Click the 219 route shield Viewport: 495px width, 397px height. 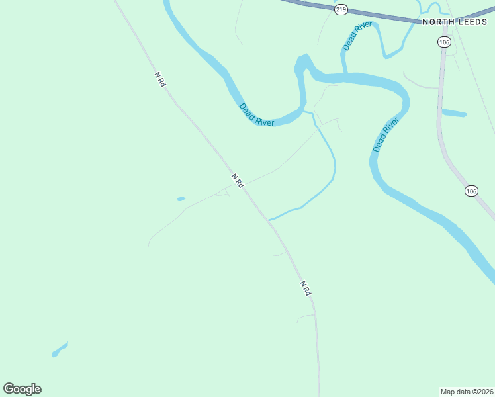(341, 9)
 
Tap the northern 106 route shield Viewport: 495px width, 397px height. (443, 42)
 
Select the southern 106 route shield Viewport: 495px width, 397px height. (471, 191)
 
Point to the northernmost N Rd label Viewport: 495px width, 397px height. (159, 79)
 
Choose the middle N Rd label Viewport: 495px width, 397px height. (238, 181)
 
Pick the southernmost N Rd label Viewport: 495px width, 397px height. (305, 288)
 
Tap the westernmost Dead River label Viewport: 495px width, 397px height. (256, 114)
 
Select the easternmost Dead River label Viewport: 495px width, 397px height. (386, 135)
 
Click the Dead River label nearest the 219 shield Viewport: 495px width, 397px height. (357, 36)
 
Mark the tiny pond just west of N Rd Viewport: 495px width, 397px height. (181, 198)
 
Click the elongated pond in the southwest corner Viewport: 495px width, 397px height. (60, 349)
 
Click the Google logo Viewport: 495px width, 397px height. (22, 389)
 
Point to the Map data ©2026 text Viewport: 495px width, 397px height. (467, 391)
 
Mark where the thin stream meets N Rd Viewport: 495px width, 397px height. (267, 220)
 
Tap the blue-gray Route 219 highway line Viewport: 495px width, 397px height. (384, 16)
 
